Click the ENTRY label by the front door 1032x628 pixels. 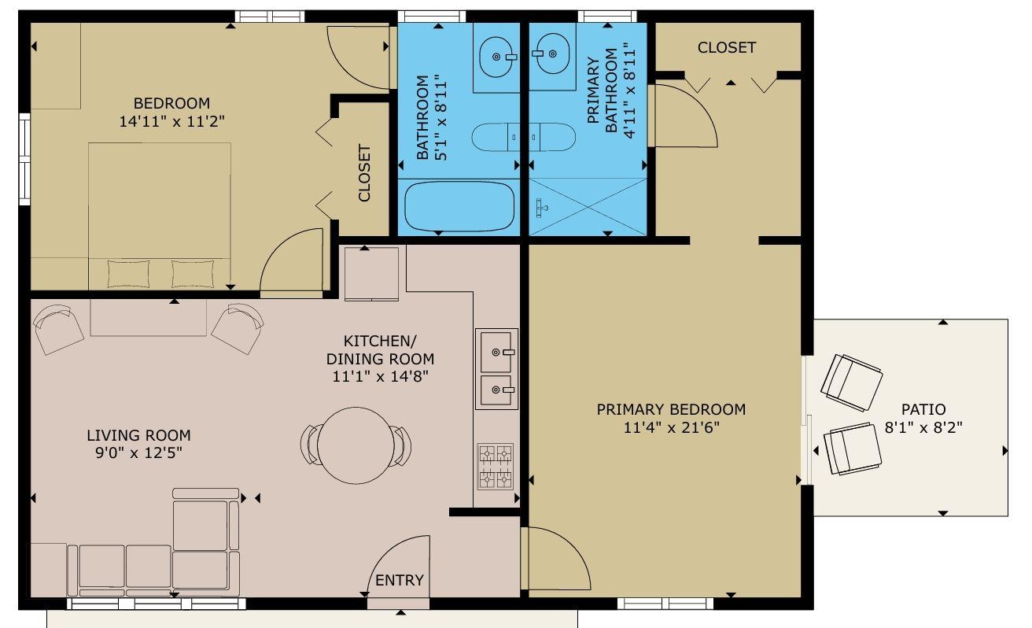coord(400,580)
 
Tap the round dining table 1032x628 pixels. coord(356,445)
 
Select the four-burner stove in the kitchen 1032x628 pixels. coord(496,466)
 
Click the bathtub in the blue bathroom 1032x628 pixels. coord(459,206)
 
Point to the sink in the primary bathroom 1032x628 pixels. coord(551,54)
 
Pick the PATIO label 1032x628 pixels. coord(923,409)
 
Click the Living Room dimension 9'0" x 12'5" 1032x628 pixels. coord(138,453)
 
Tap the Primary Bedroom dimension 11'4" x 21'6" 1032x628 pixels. coord(671,427)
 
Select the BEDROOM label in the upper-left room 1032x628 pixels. coord(171,103)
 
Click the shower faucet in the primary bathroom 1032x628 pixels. coord(541,208)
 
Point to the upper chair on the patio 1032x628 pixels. coord(851,382)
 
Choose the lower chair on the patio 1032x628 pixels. coord(853,449)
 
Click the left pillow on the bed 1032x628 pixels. coord(128,274)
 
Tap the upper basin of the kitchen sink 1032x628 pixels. coord(496,353)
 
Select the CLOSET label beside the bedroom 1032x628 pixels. coord(364,173)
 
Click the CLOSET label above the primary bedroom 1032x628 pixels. coord(727,47)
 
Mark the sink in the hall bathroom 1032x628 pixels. coord(496,57)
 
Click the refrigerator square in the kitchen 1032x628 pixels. coord(371,274)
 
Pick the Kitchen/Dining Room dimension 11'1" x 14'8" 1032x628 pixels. coord(380,377)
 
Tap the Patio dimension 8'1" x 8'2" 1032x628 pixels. coord(923,427)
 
